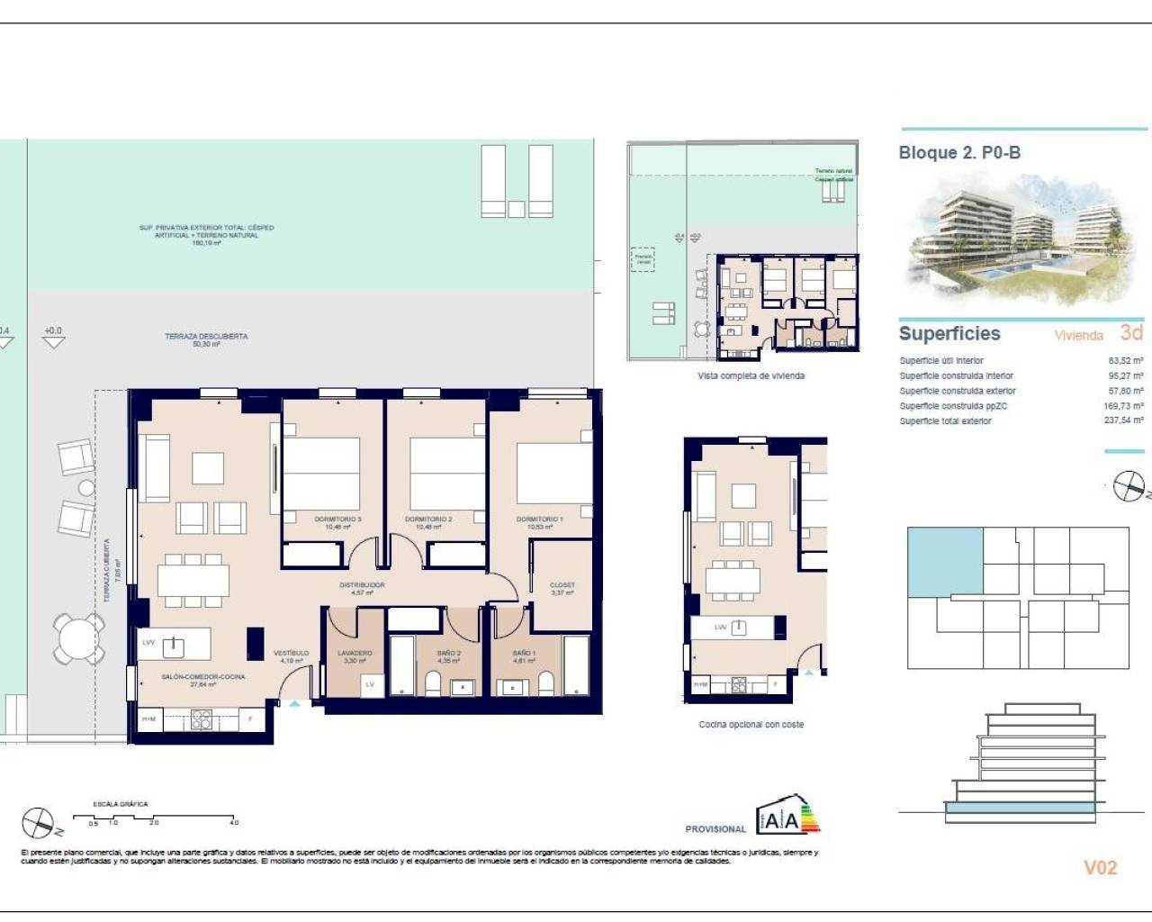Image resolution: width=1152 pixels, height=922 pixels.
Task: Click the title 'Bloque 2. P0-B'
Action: (959, 153)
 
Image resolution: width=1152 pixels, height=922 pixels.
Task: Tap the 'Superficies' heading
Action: (949, 334)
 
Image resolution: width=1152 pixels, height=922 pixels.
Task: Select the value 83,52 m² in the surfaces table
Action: (1125, 361)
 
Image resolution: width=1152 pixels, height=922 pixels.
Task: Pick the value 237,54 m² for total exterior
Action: (1124, 421)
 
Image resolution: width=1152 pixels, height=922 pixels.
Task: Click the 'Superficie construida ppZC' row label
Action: (953, 406)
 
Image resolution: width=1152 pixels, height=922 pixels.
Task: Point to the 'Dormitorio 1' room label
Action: (539, 520)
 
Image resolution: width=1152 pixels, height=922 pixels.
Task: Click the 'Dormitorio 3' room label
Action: (337, 520)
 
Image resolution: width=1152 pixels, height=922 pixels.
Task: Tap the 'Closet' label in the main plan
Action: (562, 585)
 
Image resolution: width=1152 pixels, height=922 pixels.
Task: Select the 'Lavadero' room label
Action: (355, 654)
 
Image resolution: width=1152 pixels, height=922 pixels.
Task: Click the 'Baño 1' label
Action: (524, 654)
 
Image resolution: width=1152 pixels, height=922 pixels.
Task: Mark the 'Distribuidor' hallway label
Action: (362, 585)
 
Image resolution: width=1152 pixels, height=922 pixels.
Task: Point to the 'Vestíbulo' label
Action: (291, 654)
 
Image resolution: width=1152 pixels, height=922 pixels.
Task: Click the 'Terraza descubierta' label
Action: (206, 337)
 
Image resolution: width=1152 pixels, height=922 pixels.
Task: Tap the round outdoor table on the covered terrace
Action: (78, 639)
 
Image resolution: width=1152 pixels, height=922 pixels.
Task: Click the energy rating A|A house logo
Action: (787, 816)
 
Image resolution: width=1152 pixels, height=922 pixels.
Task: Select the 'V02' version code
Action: (1100, 868)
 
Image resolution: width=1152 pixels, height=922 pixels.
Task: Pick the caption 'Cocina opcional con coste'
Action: (751, 725)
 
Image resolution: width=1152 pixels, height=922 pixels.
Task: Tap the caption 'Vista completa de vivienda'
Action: (751, 376)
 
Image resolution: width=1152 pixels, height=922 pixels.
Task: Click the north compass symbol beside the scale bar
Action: (39, 822)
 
